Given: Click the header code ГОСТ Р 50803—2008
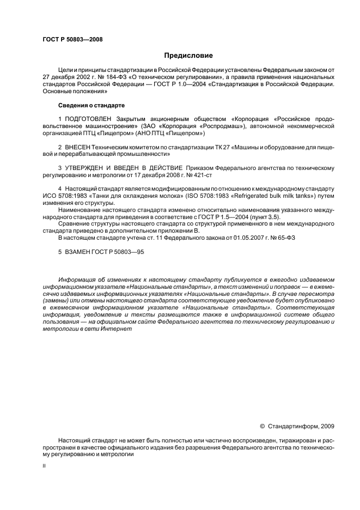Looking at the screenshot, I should click(72, 39).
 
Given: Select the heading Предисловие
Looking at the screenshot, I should click(188, 56).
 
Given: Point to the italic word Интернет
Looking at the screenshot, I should click(118, 330).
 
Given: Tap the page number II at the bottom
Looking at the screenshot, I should click(45, 467).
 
